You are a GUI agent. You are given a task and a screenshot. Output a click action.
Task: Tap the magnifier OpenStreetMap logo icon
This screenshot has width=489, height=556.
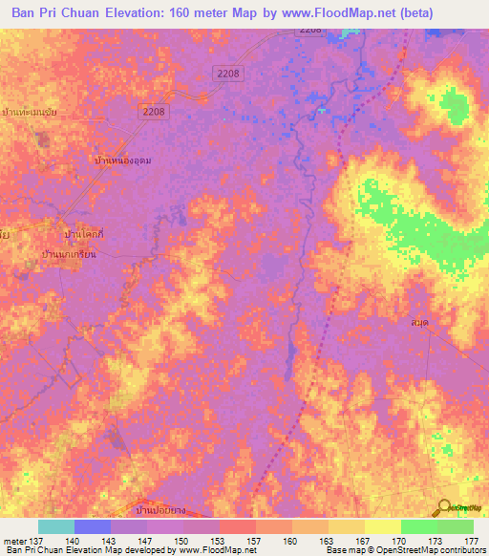[445, 508]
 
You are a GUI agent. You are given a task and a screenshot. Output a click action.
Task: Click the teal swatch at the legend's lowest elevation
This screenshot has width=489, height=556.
[56, 526]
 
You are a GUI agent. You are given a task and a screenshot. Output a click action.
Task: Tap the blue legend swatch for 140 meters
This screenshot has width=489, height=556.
[93, 526]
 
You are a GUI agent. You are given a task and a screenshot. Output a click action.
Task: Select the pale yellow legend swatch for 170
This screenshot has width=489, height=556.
[383, 526]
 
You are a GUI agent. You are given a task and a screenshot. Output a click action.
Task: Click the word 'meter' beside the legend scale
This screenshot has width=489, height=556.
[13, 541]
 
